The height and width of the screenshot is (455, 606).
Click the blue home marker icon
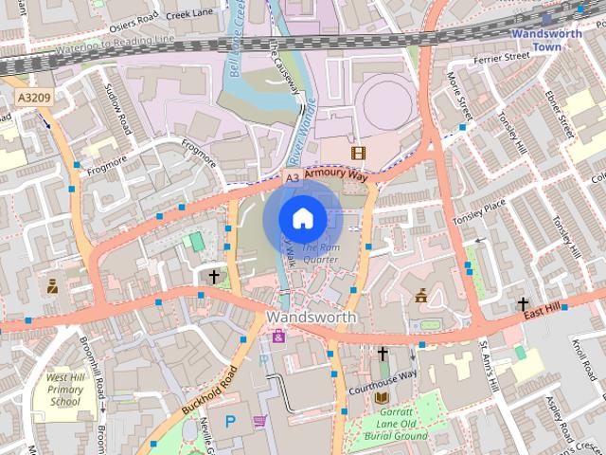302,218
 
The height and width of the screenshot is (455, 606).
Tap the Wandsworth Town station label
547,39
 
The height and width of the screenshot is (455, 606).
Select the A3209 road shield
32,97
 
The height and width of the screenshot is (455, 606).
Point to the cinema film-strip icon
357,152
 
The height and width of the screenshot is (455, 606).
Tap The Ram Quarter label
319,253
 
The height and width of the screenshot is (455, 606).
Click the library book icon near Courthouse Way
383,398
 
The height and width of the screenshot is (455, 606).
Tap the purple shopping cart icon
259,421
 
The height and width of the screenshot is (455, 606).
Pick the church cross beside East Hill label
523,302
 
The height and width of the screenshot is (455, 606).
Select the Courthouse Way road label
383,374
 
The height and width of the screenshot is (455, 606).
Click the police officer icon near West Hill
52,283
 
